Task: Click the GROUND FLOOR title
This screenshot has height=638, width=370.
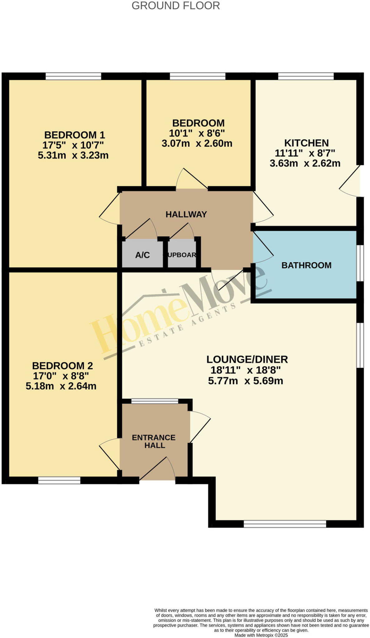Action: click(175, 6)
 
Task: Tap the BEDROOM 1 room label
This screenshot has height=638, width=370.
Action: click(74, 135)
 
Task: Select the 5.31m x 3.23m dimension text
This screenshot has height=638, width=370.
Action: click(73, 155)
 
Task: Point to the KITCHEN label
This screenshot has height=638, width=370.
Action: click(306, 143)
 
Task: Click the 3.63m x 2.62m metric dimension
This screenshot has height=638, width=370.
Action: click(305, 163)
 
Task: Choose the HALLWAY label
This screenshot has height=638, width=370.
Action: click(186, 214)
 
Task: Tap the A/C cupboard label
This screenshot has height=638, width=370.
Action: click(142, 255)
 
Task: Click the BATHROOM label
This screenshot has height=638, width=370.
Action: click(306, 265)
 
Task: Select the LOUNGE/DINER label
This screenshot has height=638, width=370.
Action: click(247, 359)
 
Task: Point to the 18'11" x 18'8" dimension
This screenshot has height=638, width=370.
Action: click(246, 370)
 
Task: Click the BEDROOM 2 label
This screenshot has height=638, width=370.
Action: click(62, 365)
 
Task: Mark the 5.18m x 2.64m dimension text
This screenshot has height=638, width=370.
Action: click(61, 386)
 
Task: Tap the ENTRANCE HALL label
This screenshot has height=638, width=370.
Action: click(154, 441)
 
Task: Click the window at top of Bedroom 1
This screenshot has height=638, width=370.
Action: click(73, 76)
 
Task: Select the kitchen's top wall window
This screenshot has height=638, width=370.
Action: click(305, 76)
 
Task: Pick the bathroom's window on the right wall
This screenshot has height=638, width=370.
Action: click(360, 263)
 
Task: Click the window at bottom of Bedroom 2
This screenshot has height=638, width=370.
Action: click(59, 480)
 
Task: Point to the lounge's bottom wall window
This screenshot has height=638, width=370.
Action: click(285, 524)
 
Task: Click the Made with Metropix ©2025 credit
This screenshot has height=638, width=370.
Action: click(261, 635)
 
